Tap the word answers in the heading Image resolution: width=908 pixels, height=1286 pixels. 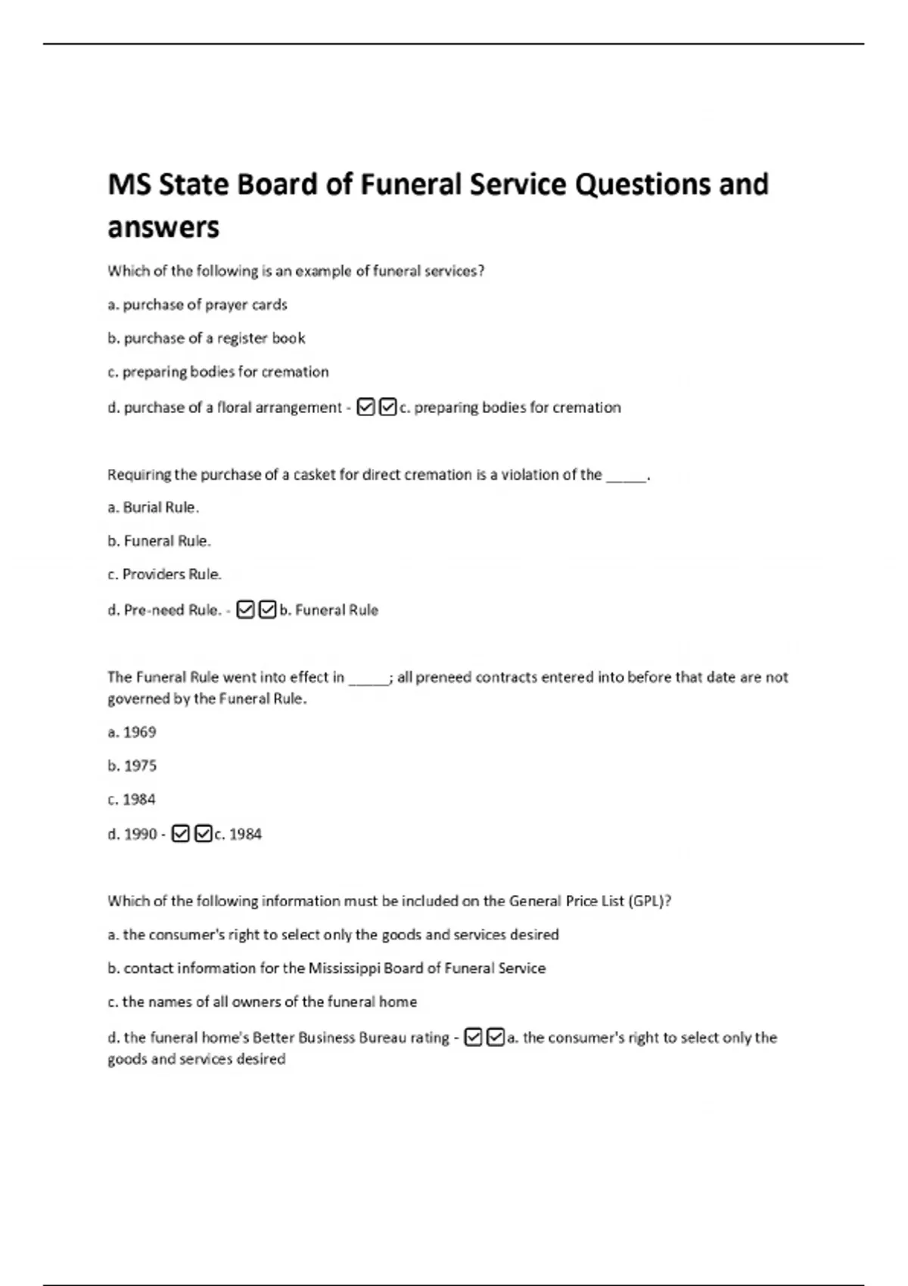163,227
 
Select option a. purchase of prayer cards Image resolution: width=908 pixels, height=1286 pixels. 197,305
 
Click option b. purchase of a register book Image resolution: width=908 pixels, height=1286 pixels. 207,338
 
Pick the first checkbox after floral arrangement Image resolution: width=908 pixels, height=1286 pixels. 365,408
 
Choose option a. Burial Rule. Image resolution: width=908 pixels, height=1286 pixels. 154,508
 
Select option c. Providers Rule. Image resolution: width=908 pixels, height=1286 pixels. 165,574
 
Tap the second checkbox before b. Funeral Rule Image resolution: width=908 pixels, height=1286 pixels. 267,610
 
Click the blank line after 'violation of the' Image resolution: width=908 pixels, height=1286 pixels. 627,476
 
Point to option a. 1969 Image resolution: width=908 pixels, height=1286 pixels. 132,732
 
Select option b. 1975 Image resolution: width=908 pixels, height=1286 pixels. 132,766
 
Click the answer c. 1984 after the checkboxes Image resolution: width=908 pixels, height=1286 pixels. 238,834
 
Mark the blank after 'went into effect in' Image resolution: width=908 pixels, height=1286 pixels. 368,679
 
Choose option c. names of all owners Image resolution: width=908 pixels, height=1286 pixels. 262,1002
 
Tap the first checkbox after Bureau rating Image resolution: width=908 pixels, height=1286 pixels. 474,1037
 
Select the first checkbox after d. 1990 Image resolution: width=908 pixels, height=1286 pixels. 180,834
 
